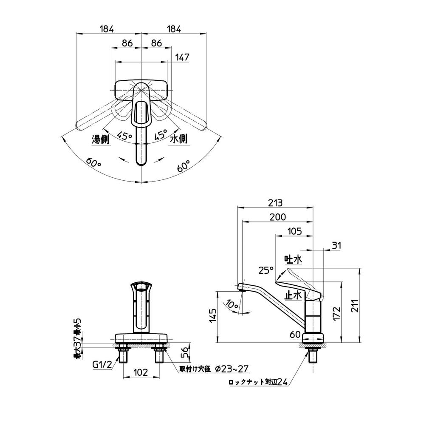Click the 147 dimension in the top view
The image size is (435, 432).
tap(184, 57)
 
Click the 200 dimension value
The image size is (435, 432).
tap(277, 217)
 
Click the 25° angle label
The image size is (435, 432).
tap(266, 270)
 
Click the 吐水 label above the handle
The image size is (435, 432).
tap(293, 259)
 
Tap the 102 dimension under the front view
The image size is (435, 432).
tap(140, 372)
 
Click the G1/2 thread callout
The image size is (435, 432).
tap(102, 364)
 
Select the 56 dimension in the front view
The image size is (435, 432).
tap(184, 352)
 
